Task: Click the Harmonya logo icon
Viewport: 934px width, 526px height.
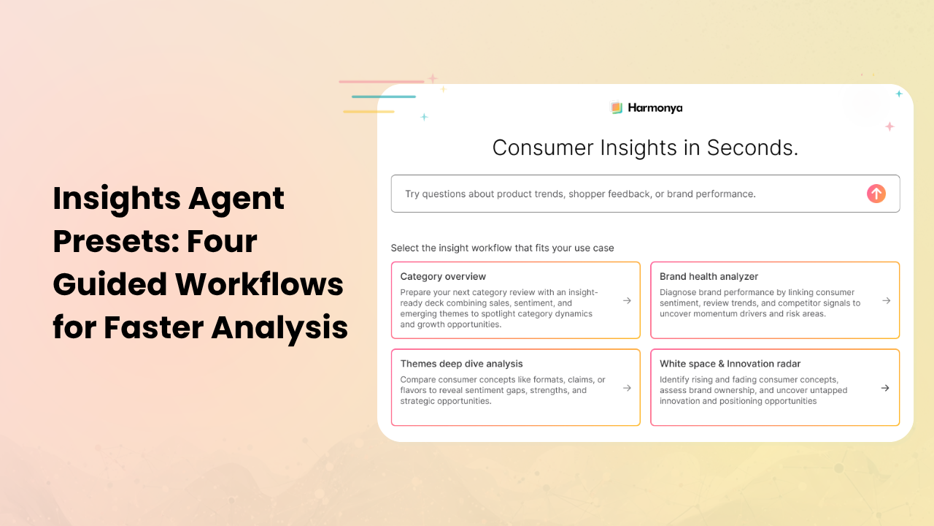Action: coord(617,107)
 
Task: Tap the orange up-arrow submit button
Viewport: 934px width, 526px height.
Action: coord(876,194)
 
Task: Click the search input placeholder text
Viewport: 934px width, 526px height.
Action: coord(580,194)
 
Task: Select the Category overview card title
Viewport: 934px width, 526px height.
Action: coord(443,277)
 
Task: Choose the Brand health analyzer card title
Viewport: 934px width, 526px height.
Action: coord(709,277)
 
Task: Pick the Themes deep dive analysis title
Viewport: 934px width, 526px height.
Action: coord(461,364)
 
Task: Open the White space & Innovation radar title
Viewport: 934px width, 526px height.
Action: coord(730,364)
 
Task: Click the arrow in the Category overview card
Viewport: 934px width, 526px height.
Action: coord(627,300)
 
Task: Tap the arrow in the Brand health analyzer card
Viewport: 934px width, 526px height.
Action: coord(886,300)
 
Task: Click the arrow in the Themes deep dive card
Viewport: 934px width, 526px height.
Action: coord(627,388)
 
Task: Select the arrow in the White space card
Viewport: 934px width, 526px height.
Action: coord(885,388)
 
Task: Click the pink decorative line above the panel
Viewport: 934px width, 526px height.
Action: coord(382,82)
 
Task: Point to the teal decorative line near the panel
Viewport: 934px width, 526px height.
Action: coord(383,96)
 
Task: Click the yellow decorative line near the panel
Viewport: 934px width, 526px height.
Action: coord(368,112)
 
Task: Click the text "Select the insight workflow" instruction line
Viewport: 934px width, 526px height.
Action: coord(502,248)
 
